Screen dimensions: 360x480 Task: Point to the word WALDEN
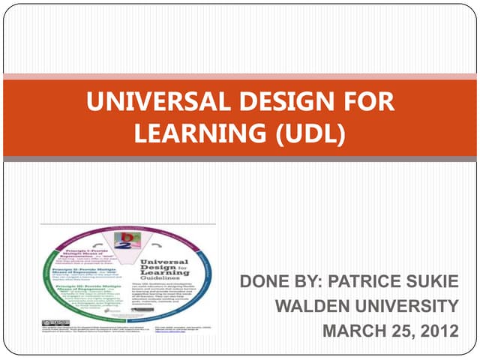click(x=311, y=307)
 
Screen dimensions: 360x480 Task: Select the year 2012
click(x=438, y=331)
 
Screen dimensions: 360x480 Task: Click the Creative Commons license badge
click(x=55, y=322)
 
